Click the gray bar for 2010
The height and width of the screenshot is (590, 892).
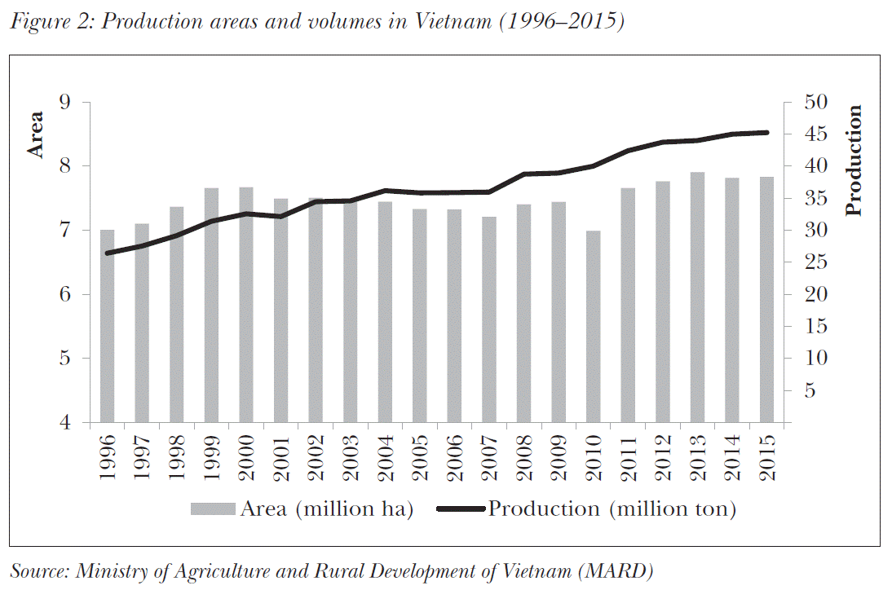[593, 327]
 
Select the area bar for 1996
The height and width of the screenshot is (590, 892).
[108, 326]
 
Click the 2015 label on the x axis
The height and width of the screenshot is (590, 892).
[767, 458]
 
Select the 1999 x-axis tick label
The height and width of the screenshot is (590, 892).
[212, 458]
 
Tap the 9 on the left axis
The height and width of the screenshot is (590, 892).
[65, 103]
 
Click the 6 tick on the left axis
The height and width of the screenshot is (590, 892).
[65, 294]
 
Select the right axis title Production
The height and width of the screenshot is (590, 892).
[854, 161]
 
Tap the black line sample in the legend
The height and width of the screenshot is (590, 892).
[461, 509]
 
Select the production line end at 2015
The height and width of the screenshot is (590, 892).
[766, 132]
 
